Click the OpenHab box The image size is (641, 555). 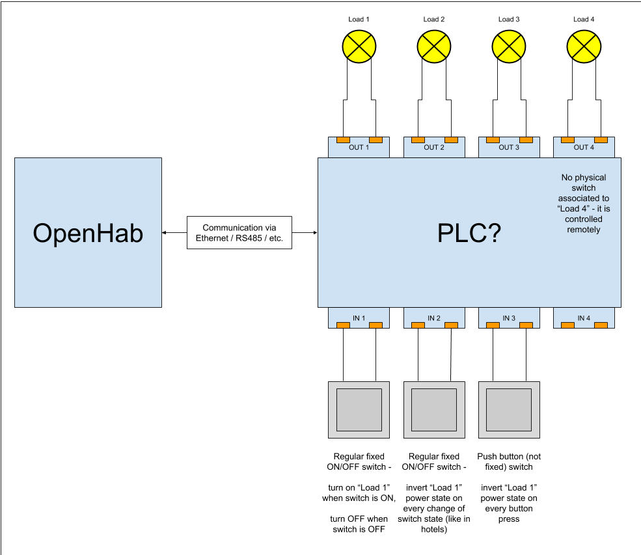pyautogui.click(x=88, y=232)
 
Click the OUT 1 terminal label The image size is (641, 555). pyautogui.click(x=359, y=148)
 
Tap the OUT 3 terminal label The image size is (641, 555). pyautogui.click(x=508, y=148)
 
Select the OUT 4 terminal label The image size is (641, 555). pyautogui.click(x=584, y=148)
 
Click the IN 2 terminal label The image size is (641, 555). pyautogui.click(x=434, y=318)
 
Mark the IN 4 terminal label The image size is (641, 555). pyautogui.click(x=584, y=318)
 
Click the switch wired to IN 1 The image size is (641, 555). pyautogui.click(x=359, y=409)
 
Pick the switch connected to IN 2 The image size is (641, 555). pyautogui.click(x=434, y=409)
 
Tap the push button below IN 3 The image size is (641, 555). pyautogui.click(x=509, y=409)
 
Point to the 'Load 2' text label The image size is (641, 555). pyautogui.click(x=434, y=20)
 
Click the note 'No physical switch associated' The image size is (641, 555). pyautogui.click(x=583, y=203)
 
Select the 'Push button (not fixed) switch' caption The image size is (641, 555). pyautogui.click(x=509, y=461)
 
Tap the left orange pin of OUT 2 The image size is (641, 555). pyautogui.click(x=418, y=140)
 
